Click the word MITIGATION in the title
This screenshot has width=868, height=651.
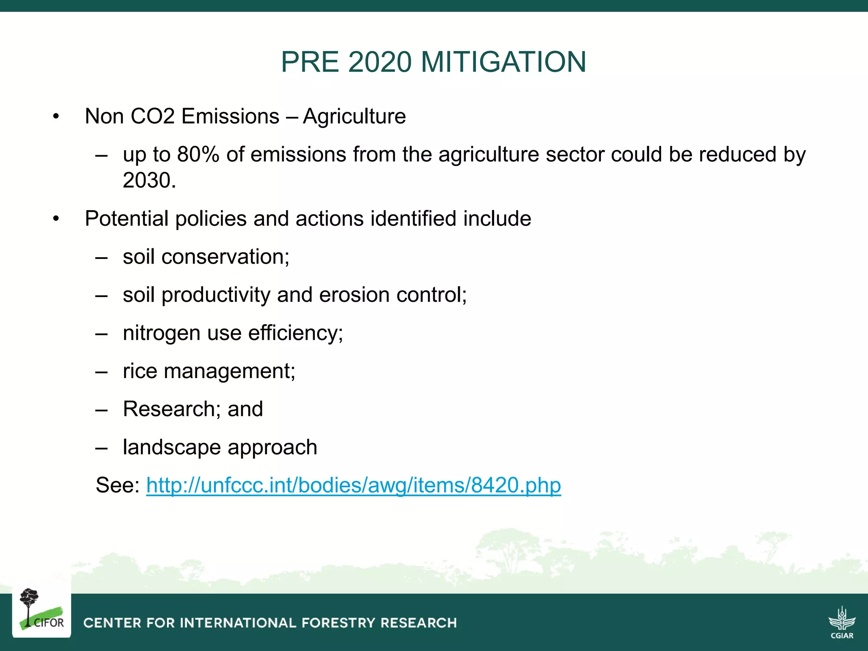[504, 62]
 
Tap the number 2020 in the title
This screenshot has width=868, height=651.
[380, 62]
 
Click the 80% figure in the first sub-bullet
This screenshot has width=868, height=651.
[198, 154]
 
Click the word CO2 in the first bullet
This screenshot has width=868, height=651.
[153, 116]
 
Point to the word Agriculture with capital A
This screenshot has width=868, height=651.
[354, 116]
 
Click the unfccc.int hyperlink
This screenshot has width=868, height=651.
[353, 485]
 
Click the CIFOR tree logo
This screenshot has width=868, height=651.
[41, 610]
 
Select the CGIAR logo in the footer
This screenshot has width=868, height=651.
[842, 623]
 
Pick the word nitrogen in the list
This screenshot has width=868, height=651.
[161, 333]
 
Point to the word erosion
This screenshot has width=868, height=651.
[354, 295]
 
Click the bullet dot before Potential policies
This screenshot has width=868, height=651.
[56, 219]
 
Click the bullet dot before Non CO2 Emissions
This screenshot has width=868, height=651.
[56, 117]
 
